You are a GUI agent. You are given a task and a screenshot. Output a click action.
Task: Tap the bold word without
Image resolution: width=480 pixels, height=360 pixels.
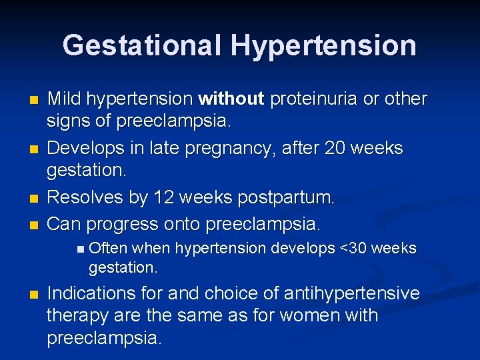tap(231, 99)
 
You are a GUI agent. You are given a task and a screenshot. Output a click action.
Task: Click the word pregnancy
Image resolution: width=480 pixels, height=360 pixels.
tap(226, 148)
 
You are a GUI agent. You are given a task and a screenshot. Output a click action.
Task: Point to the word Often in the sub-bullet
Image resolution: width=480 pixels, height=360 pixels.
tap(109, 249)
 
